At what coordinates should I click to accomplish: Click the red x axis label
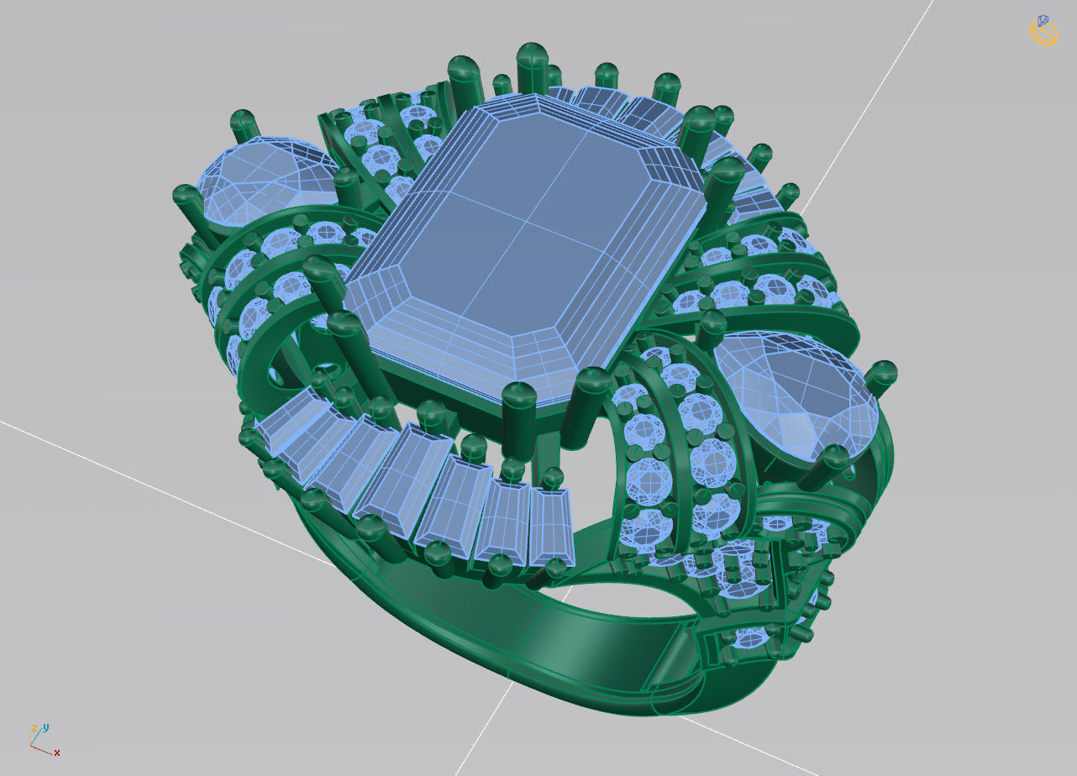pyautogui.click(x=57, y=753)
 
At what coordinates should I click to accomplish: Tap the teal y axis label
pyautogui.click(x=46, y=726)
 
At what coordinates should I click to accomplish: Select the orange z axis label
pyautogui.click(x=34, y=729)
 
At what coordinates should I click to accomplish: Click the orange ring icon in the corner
pyautogui.click(x=1042, y=30)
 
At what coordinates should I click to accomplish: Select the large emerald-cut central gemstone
pyautogui.click(x=525, y=252)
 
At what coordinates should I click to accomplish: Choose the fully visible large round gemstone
pyautogui.click(x=794, y=395)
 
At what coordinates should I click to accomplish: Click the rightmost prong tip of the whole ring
pyautogui.click(x=885, y=371)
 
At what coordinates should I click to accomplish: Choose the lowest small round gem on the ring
pyautogui.click(x=750, y=638)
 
